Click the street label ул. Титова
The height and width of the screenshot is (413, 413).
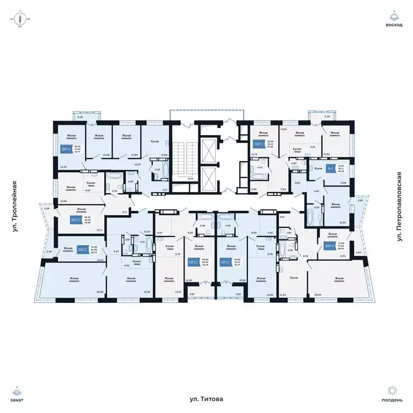pyautogui.click(x=206, y=399)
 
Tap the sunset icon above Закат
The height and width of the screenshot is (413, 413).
pyautogui.click(x=19, y=390)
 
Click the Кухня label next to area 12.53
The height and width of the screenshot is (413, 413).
pyautogui.click(x=294, y=277)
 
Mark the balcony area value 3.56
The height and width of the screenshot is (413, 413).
pyautogui.click(x=360, y=201)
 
